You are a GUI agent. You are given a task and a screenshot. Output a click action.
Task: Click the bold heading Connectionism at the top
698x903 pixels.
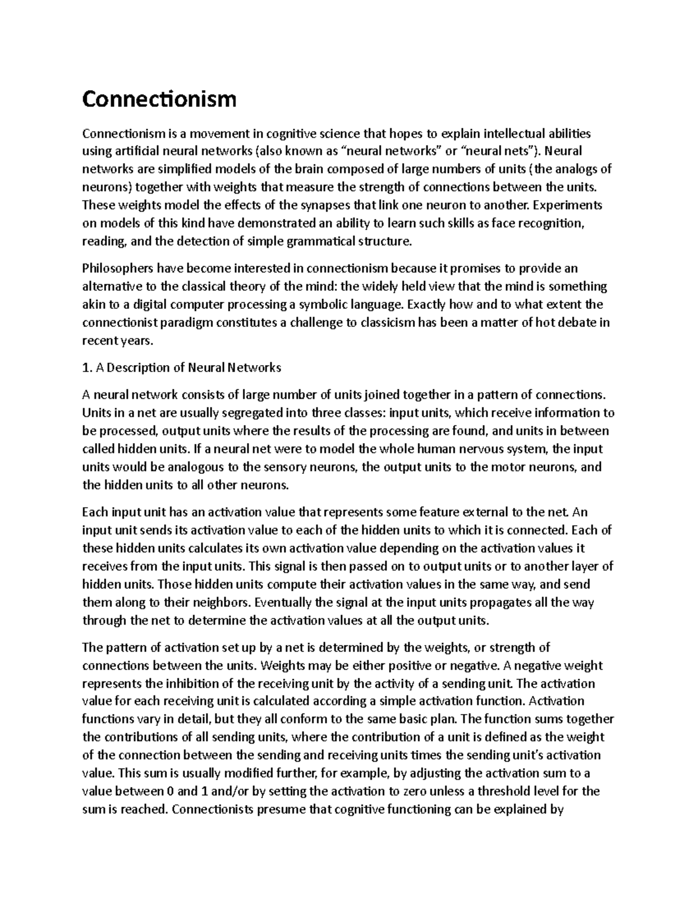(159, 99)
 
